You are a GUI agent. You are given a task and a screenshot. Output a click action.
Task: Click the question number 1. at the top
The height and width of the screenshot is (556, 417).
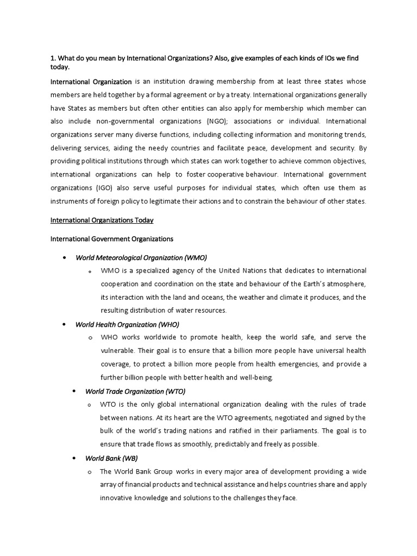[53, 58]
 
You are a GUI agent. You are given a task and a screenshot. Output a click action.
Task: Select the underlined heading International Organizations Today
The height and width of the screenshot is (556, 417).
[102, 220]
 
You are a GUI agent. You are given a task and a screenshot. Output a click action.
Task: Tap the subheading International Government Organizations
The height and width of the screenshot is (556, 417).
[112, 238]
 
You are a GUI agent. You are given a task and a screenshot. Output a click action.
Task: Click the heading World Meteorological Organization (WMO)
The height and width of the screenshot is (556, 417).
[141, 257]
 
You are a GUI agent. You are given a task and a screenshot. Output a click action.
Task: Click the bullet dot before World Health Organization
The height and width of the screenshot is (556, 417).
[64, 324]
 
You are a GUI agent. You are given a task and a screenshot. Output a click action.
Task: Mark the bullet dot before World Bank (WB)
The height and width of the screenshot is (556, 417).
[74, 458]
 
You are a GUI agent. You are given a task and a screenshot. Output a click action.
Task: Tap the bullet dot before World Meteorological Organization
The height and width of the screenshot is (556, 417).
[64, 257]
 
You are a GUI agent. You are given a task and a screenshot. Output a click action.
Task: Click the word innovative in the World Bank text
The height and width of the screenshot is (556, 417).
[117, 498]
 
